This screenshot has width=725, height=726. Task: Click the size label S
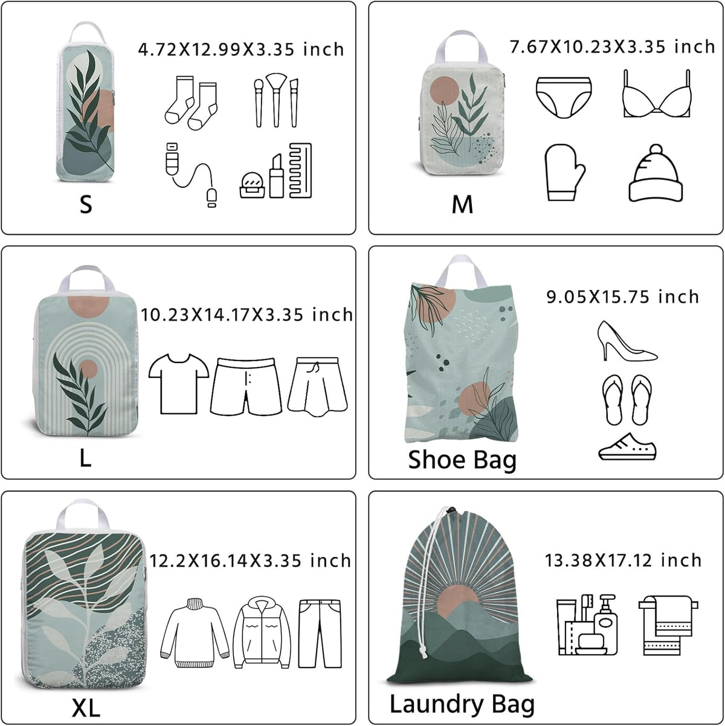(86, 205)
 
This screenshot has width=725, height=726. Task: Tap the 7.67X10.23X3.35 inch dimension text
(612, 47)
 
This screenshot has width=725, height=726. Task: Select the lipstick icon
(276, 176)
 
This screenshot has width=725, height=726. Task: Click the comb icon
(300, 170)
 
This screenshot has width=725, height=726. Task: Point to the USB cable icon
(191, 174)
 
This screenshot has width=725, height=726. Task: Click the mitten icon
(564, 172)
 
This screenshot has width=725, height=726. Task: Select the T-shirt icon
(179, 384)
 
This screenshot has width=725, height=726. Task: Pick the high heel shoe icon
(627, 341)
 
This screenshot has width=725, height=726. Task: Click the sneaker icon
(627, 446)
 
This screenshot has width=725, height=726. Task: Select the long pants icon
(320, 634)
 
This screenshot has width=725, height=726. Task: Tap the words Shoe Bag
(462, 460)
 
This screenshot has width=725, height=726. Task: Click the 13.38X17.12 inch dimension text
(623, 561)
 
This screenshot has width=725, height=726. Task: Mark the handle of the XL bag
(80, 516)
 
